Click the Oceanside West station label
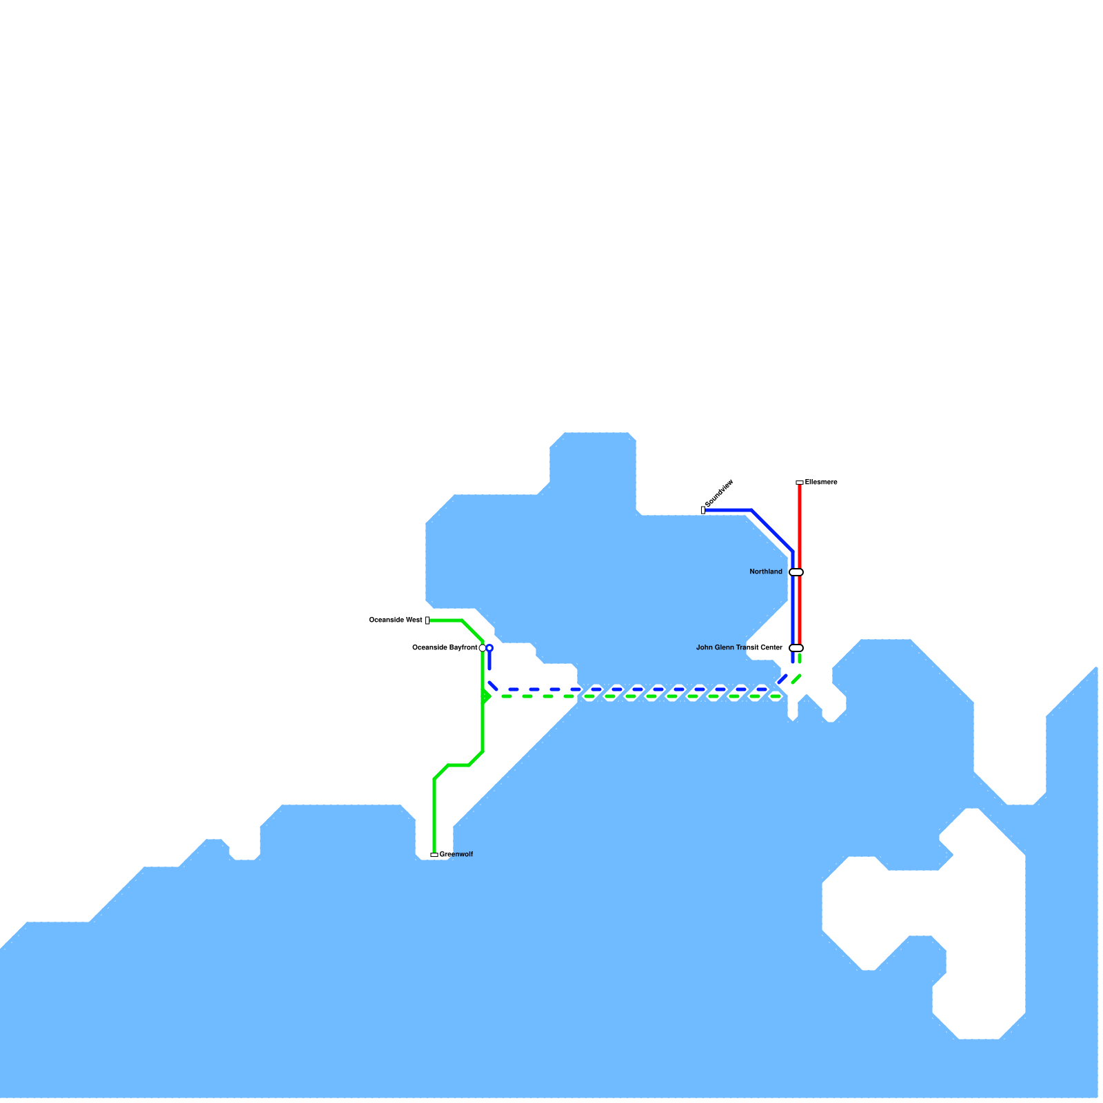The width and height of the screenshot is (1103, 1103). tap(396, 620)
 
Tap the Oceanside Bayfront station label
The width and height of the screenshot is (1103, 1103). tap(444, 648)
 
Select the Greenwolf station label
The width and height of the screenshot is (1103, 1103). tap(456, 855)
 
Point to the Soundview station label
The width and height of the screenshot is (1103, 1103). tap(720, 493)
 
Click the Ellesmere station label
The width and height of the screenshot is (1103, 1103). tap(821, 483)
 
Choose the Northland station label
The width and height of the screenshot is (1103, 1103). tap(766, 572)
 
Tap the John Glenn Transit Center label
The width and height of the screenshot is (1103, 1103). tap(739, 648)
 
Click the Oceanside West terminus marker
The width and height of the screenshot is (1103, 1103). tap(427, 620)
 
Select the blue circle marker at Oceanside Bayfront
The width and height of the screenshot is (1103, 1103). tap(489, 648)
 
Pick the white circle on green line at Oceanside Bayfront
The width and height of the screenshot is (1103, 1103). tap(482, 648)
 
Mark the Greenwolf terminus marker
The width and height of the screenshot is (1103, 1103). tap(434, 855)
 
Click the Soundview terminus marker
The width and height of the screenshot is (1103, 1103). tap(703, 510)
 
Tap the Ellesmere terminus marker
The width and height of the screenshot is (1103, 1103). tap(800, 483)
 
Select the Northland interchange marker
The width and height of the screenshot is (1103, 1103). tap(796, 572)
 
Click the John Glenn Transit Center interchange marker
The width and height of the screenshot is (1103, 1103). tap(796, 648)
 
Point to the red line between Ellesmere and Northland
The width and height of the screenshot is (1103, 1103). tap(800, 524)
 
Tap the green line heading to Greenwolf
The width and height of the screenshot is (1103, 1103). tap(434, 813)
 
